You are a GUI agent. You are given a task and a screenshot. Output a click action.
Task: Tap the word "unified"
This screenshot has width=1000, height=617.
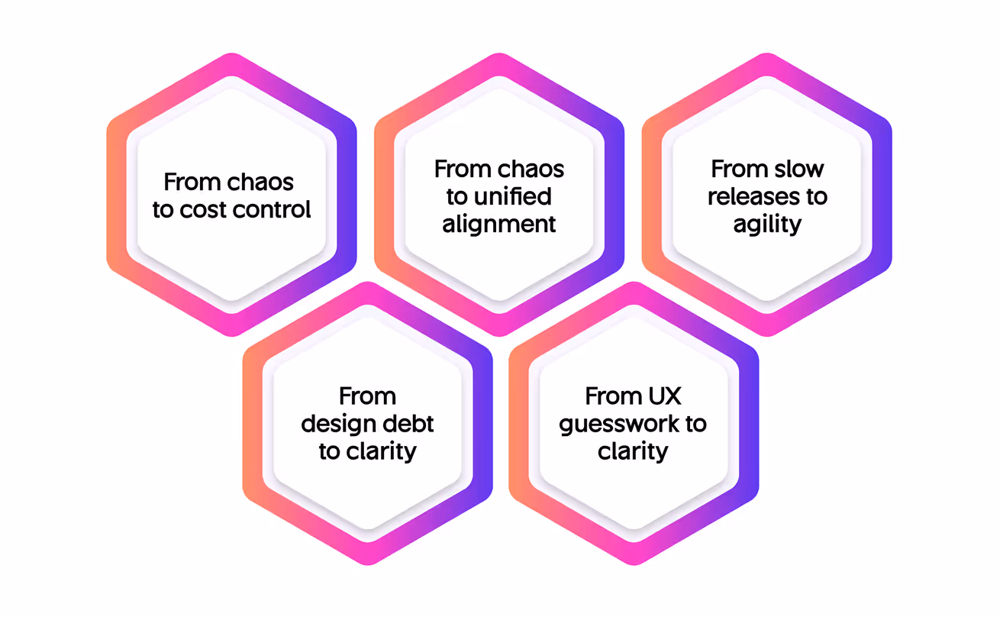(512, 196)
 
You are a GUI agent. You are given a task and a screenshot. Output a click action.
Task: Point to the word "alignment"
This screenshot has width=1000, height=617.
(500, 224)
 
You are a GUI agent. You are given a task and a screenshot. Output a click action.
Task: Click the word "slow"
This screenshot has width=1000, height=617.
(799, 169)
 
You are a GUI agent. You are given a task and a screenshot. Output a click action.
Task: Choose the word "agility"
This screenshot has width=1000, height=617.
(767, 225)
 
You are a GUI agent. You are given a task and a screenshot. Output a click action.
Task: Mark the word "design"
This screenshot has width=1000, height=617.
(337, 424)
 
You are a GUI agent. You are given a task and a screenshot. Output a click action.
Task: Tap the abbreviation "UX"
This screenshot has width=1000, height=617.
(664, 396)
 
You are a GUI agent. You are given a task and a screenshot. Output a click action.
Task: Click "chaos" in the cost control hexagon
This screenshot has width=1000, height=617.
(261, 183)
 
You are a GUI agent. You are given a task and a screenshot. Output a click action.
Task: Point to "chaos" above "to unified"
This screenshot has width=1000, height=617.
(532, 169)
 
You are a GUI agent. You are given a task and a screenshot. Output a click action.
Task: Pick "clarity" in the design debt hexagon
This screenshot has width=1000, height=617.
(381, 451)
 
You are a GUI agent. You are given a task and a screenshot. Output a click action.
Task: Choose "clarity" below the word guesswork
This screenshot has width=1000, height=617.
(633, 451)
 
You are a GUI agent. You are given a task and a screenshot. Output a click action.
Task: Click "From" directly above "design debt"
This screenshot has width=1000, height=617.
(367, 396)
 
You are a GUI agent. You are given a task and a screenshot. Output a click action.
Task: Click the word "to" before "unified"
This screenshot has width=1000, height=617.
(457, 196)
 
